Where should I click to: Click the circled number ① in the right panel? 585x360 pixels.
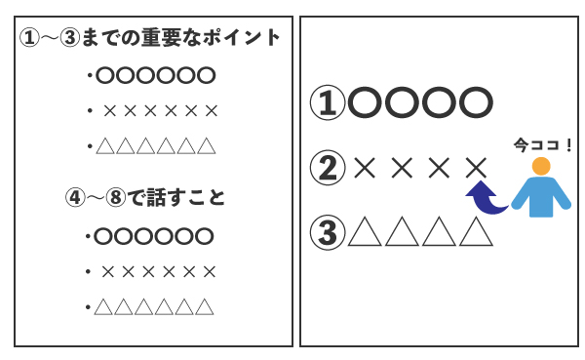(x=328, y=102)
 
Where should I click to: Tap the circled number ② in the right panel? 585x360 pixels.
(x=328, y=167)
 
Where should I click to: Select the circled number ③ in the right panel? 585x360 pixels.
(x=328, y=232)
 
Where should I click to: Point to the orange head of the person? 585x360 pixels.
(x=541, y=166)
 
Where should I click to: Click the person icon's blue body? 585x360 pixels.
(x=541, y=197)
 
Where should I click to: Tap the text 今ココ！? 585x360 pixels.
(x=543, y=145)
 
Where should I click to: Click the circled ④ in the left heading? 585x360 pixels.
(x=75, y=197)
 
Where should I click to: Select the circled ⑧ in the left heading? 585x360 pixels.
(x=116, y=197)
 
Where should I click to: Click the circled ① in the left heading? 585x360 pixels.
(x=29, y=38)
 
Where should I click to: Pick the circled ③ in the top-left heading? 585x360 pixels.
(x=70, y=38)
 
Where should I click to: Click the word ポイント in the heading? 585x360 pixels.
(x=242, y=38)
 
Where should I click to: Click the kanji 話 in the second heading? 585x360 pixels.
(x=156, y=197)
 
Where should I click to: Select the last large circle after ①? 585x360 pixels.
(x=476, y=102)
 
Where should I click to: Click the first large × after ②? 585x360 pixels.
(x=365, y=168)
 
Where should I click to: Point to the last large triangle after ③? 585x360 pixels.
(x=476, y=231)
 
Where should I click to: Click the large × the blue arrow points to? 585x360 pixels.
(x=476, y=168)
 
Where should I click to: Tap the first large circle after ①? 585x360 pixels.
(x=365, y=102)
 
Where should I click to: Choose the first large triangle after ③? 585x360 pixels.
(x=365, y=231)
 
